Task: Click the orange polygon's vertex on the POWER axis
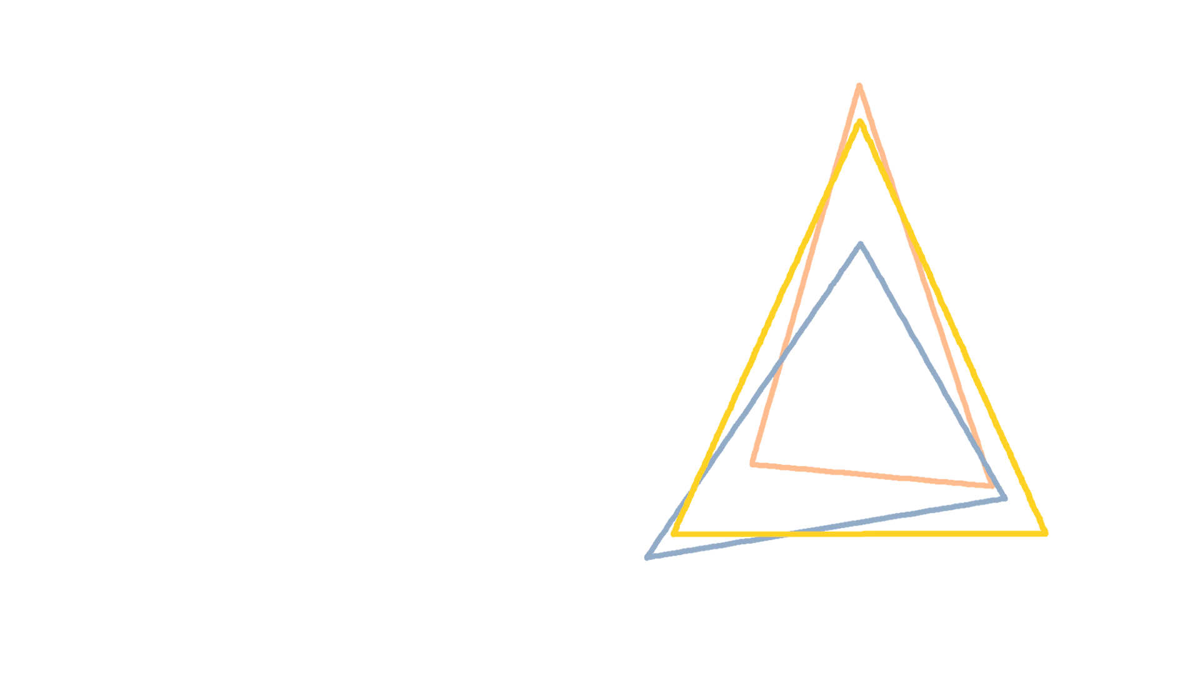click(860, 86)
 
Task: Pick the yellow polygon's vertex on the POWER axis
click(860, 122)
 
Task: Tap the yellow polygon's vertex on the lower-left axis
click(676, 533)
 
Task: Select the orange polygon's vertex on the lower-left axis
click(754, 464)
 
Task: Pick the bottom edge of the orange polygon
click(875, 476)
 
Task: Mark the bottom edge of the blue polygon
click(812, 529)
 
